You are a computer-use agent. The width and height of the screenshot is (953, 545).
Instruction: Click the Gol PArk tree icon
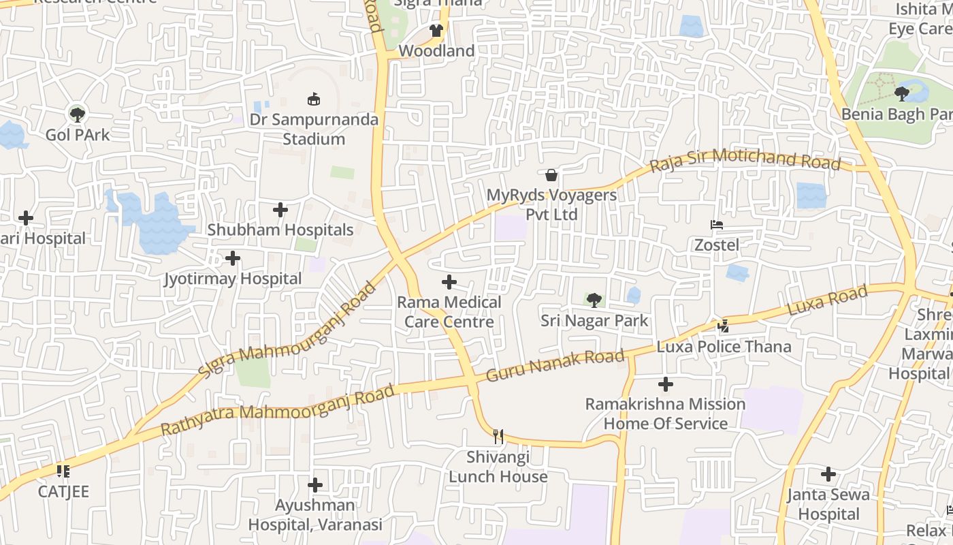click(78, 114)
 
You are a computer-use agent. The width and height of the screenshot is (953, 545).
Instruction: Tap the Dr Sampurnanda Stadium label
click(314, 129)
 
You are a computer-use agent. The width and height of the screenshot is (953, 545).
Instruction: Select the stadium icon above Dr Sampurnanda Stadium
click(314, 99)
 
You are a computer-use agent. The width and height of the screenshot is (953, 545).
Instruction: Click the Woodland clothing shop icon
click(436, 31)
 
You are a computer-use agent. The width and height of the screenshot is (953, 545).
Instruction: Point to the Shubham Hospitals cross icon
click(280, 210)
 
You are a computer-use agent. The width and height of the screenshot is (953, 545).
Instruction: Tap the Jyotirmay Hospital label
click(233, 279)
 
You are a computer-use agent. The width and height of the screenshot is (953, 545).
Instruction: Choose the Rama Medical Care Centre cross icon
click(449, 282)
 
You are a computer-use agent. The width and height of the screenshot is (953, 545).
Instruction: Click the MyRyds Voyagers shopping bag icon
click(551, 175)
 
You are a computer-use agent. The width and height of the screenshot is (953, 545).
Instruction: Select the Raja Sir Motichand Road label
click(745, 160)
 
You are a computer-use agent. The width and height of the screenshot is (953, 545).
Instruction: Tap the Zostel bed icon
click(716, 225)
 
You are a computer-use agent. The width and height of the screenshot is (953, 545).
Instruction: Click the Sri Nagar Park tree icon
click(594, 300)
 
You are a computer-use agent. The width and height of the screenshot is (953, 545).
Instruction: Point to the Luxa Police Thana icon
click(723, 326)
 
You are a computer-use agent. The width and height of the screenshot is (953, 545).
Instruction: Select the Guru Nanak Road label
click(555, 365)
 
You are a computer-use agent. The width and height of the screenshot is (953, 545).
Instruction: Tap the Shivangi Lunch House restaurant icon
click(498, 436)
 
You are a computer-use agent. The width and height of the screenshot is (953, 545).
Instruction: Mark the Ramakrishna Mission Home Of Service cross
click(666, 384)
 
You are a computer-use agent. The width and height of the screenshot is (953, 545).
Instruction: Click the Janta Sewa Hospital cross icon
click(828, 474)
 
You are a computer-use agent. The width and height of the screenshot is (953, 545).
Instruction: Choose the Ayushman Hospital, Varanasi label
click(315, 515)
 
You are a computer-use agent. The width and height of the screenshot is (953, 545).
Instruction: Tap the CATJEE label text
click(63, 492)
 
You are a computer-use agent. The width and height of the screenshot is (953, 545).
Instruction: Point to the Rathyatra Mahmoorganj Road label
click(278, 411)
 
